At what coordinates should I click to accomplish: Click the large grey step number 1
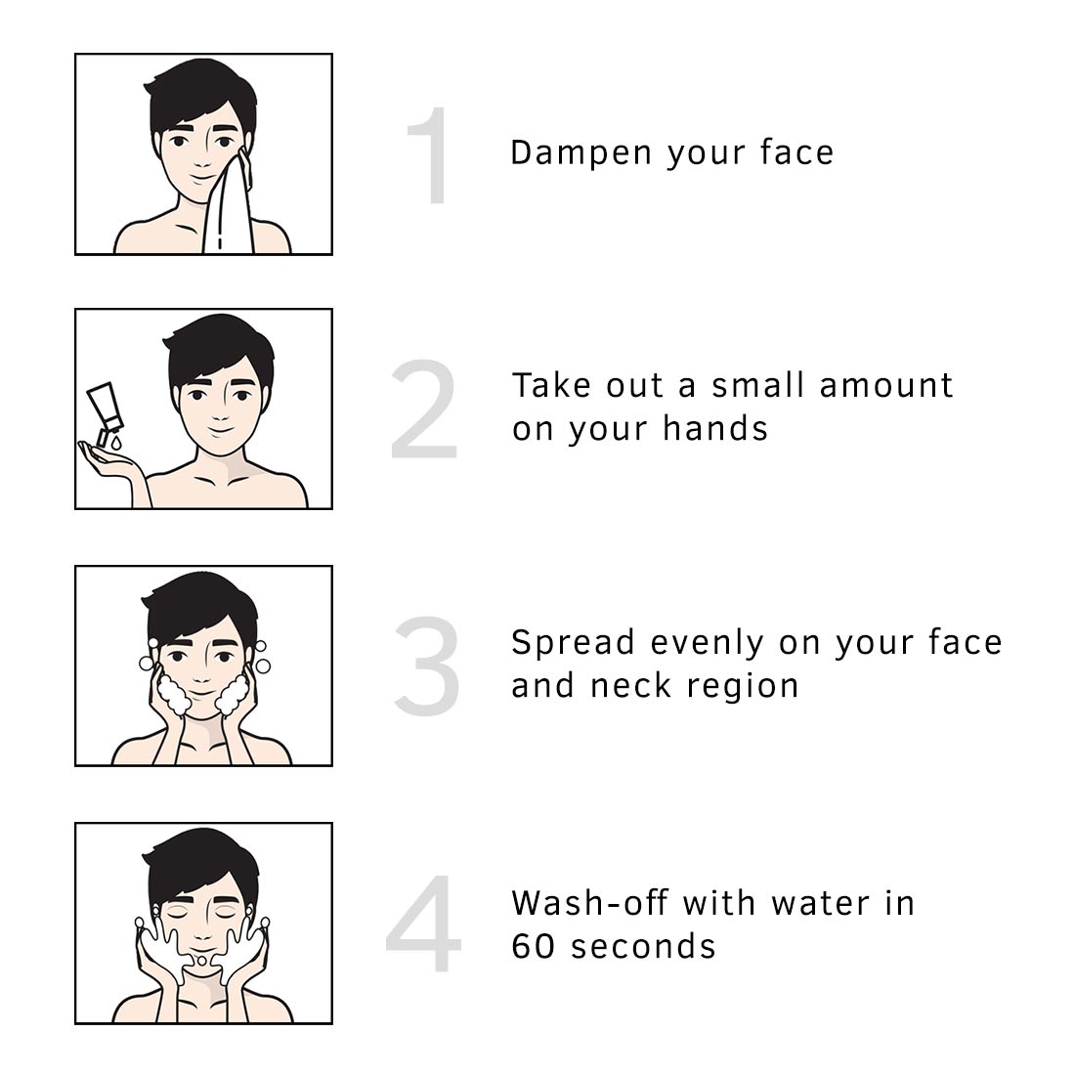(431, 155)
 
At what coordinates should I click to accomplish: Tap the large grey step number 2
(424, 408)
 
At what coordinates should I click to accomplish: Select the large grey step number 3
(427, 666)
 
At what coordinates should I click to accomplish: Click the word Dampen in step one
(580, 152)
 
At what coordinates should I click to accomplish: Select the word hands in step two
(715, 428)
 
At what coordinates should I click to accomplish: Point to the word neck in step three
(630, 686)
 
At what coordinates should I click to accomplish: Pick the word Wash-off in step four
(589, 903)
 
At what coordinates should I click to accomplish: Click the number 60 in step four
(533, 946)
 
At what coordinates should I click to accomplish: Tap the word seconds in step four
(644, 946)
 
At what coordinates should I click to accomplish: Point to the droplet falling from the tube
(116, 444)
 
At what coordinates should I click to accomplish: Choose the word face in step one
(796, 152)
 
